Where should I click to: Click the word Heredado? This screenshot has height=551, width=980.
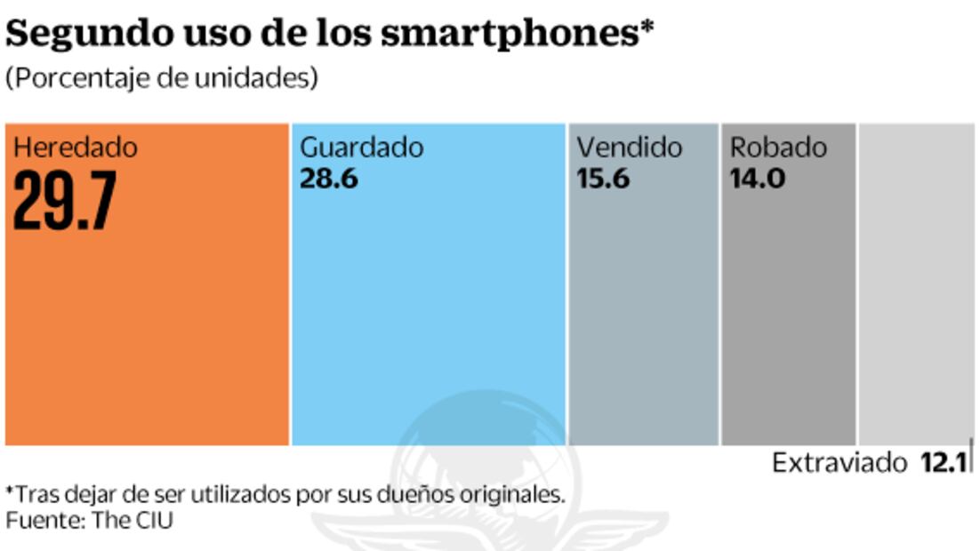click(76, 148)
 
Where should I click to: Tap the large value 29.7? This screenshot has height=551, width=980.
click(64, 202)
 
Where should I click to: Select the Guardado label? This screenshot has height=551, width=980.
click(362, 148)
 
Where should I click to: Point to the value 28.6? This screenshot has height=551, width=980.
click(329, 179)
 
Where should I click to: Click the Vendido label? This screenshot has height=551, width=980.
click(630, 148)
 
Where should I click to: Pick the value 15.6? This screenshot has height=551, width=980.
click(603, 179)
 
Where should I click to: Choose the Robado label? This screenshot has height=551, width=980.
click(778, 148)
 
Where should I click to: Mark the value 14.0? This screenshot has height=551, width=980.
click(757, 179)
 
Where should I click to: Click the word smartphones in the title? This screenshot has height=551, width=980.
click(508, 36)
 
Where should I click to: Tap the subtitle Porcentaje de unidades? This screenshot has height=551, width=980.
click(162, 78)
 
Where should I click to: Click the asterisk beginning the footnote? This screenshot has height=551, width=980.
click(10, 491)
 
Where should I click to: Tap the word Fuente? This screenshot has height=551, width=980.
click(43, 520)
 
